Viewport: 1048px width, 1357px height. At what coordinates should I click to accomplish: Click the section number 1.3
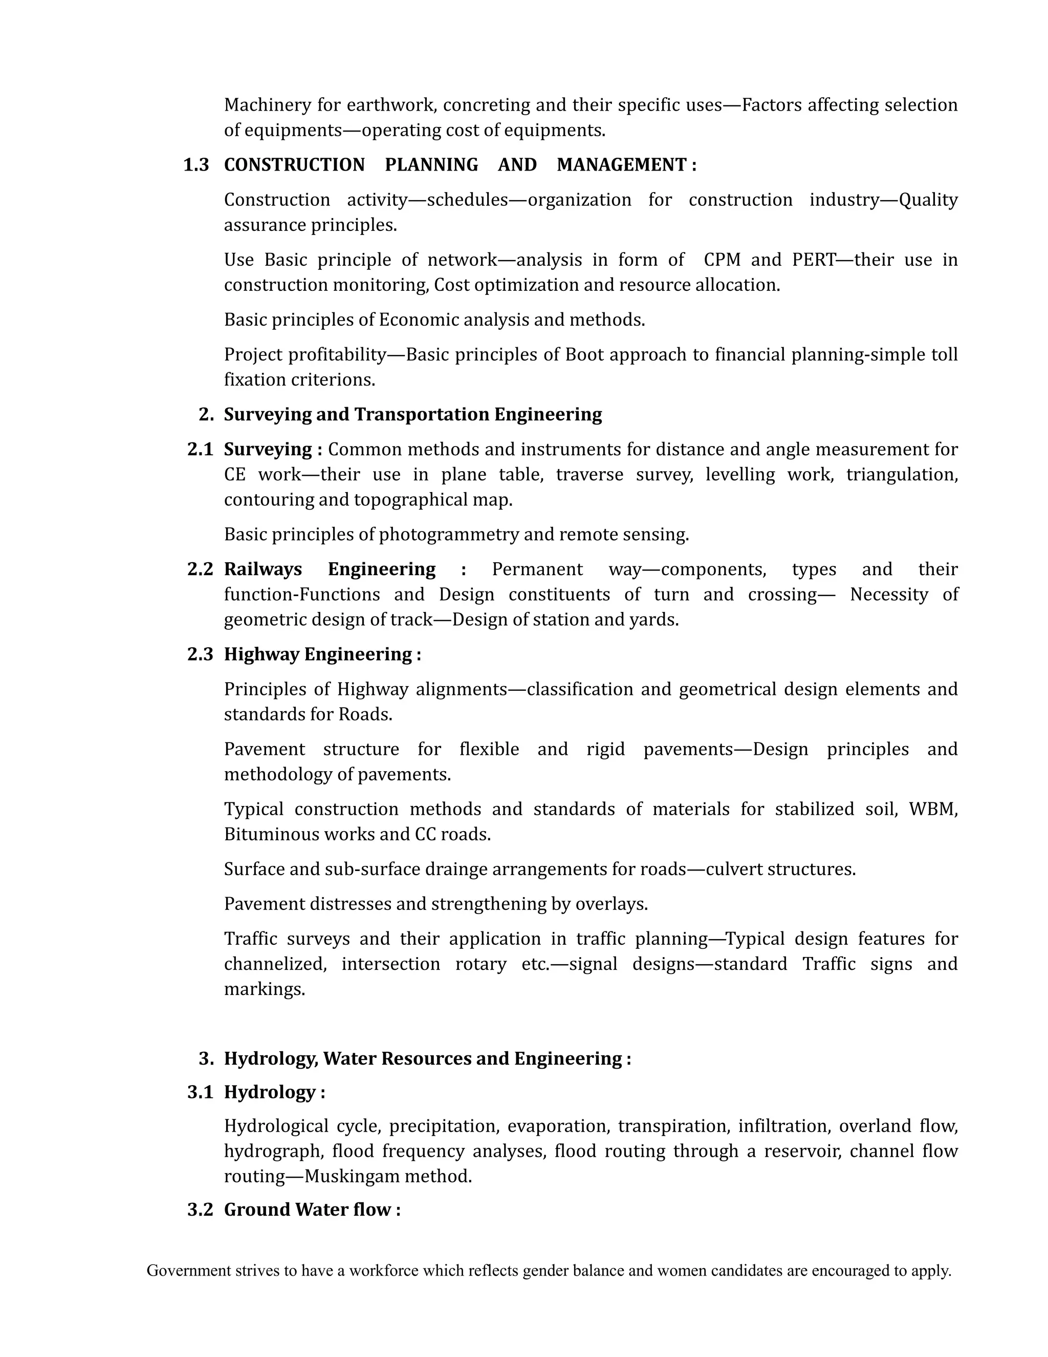196,165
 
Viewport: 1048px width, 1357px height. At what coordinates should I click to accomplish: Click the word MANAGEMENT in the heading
621,165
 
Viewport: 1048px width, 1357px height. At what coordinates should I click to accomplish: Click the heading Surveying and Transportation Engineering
413,414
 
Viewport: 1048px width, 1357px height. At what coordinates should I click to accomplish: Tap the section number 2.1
200,449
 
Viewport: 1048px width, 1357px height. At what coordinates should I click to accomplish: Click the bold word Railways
263,569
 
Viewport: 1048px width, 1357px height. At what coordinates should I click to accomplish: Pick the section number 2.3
200,654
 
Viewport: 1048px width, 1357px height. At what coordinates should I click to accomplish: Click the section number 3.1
200,1092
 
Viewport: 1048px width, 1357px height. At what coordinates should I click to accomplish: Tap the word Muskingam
352,1176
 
